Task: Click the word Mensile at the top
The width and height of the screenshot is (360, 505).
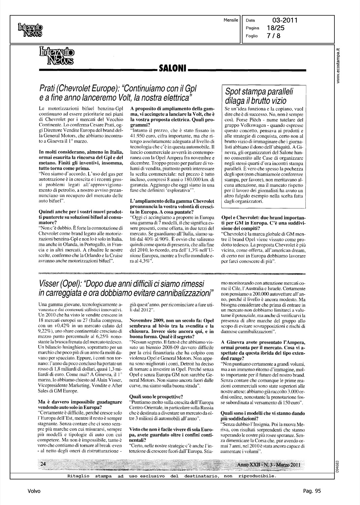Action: pyautogui.click(x=231, y=20)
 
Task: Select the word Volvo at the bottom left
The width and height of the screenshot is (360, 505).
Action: pyautogui.click(x=34, y=491)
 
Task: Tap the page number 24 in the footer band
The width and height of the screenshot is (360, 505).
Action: pyautogui.click(x=43, y=464)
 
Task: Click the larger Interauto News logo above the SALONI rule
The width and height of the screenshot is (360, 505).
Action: pyautogui.click(x=57, y=56)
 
